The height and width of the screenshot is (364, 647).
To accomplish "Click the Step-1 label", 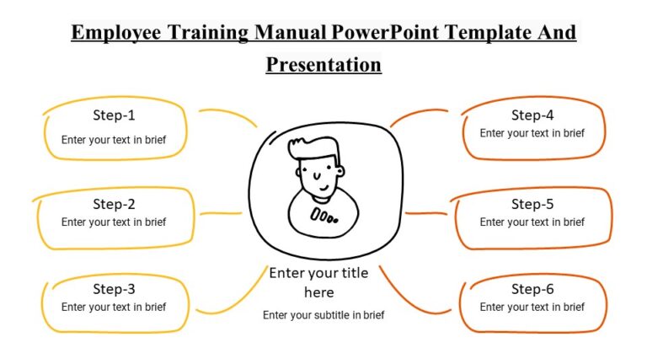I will pyautogui.click(x=114, y=115).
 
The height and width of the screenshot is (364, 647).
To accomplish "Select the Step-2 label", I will pyautogui.click(x=114, y=203).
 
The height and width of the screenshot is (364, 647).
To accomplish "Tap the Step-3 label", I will pyautogui.click(x=114, y=289).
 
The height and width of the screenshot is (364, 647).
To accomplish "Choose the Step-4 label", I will pyautogui.click(x=532, y=115).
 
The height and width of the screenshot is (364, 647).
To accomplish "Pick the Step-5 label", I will pyautogui.click(x=532, y=203).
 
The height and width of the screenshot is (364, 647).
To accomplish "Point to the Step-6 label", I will pyautogui.click(x=532, y=289).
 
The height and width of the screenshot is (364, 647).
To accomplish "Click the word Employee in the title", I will pyautogui.click(x=117, y=33).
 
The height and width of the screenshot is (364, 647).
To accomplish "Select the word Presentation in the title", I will pyautogui.click(x=323, y=64).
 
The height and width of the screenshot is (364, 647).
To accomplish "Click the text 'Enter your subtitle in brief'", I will pyautogui.click(x=323, y=315).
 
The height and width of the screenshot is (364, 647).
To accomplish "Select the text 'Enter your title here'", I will pyautogui.click(x=319, y=282).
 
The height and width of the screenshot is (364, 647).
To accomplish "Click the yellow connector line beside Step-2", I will pyautogui.click(x=221, y=213).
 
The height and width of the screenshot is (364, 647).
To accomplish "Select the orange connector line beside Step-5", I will pyautogui.click(x=425, y=213).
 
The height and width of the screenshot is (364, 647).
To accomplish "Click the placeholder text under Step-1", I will pyautogui.click(x=114, y=140).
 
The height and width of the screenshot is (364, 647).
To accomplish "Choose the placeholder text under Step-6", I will pyautogui.click(x=532, y=308).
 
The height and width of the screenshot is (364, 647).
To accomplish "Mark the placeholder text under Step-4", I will pyautogui.click(x=532, y=133).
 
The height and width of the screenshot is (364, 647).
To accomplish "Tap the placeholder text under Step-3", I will pyautogui.click(x=114, y=308).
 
